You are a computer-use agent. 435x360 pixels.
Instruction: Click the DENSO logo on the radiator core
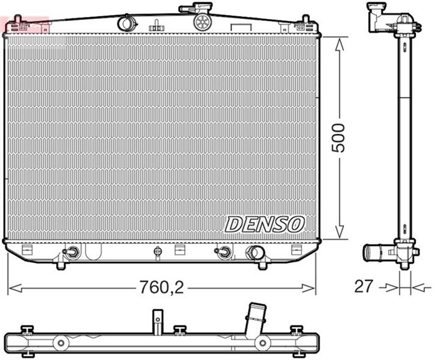click(265, 223)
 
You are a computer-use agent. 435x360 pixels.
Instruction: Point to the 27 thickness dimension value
click(364, 286)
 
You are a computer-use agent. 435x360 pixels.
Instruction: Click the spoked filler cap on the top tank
click(202, 22)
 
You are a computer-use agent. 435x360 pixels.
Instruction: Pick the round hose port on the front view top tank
click(126, 22)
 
